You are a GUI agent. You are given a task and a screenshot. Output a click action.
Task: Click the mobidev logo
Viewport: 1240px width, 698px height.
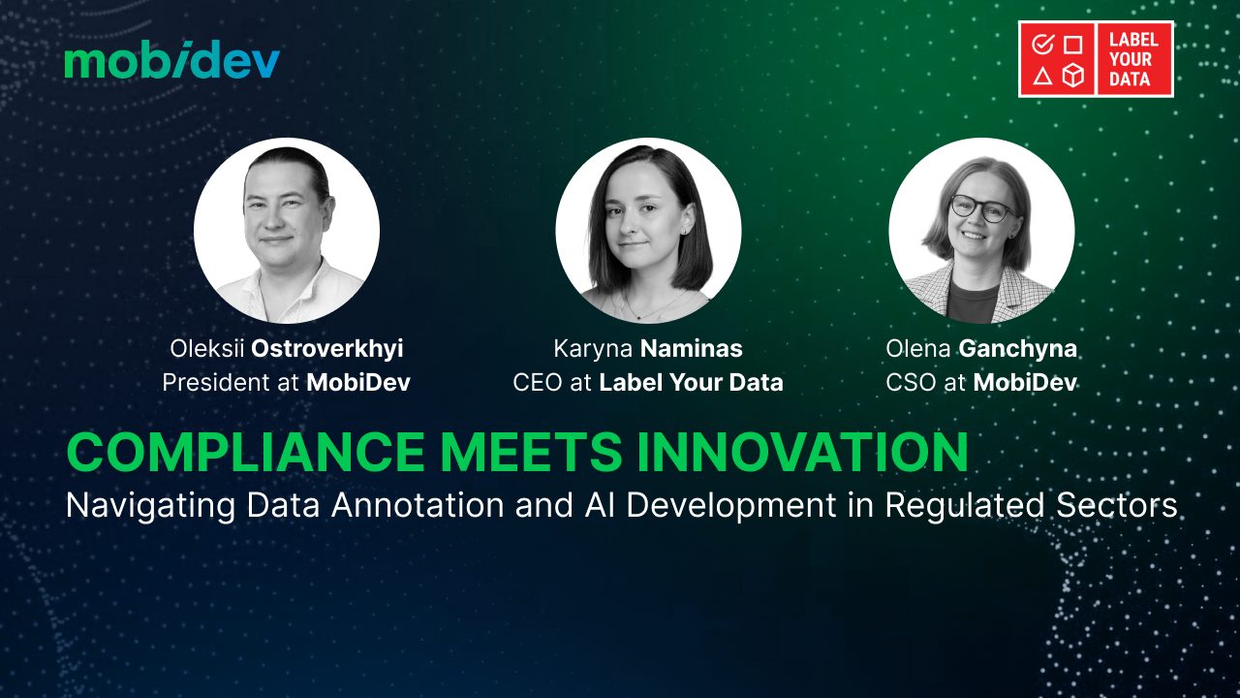[x=172, y=59]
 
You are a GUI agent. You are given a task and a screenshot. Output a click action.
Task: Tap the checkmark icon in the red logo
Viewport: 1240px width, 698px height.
[x=1043, y=44]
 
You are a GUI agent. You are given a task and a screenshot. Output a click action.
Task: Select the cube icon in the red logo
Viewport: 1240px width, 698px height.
[x=1073, y=75]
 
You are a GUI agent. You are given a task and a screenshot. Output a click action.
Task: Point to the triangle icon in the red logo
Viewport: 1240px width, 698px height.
[x=1042, y=76]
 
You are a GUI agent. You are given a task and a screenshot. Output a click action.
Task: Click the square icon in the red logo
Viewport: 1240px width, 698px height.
[x=1073, y=45]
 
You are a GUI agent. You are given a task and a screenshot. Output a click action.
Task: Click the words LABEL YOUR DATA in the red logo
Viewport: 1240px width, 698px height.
[x=1133, y=59]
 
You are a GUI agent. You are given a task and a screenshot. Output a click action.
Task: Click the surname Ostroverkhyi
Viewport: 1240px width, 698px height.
[x=327, y=349]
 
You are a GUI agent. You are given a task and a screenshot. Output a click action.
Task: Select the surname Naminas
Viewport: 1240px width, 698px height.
[x=691, y=349]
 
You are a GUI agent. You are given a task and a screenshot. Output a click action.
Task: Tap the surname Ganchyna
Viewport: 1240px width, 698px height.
[x=1017, y=349]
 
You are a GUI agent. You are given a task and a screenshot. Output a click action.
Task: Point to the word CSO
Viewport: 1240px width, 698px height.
[x=912, y=382]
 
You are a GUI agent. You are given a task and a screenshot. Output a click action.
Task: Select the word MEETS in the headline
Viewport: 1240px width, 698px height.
[x=531, y=452]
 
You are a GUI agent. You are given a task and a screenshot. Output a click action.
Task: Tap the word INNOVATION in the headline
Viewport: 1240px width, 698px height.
[x=803, y=452]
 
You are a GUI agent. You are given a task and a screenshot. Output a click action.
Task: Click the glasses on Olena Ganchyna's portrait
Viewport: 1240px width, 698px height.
[x=981, y=208]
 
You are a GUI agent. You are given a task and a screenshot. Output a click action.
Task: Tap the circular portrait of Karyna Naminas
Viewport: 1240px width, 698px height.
[x=648, y=231]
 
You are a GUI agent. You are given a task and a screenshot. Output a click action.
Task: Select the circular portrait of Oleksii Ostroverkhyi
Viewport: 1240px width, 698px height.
[x=287, y=231]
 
